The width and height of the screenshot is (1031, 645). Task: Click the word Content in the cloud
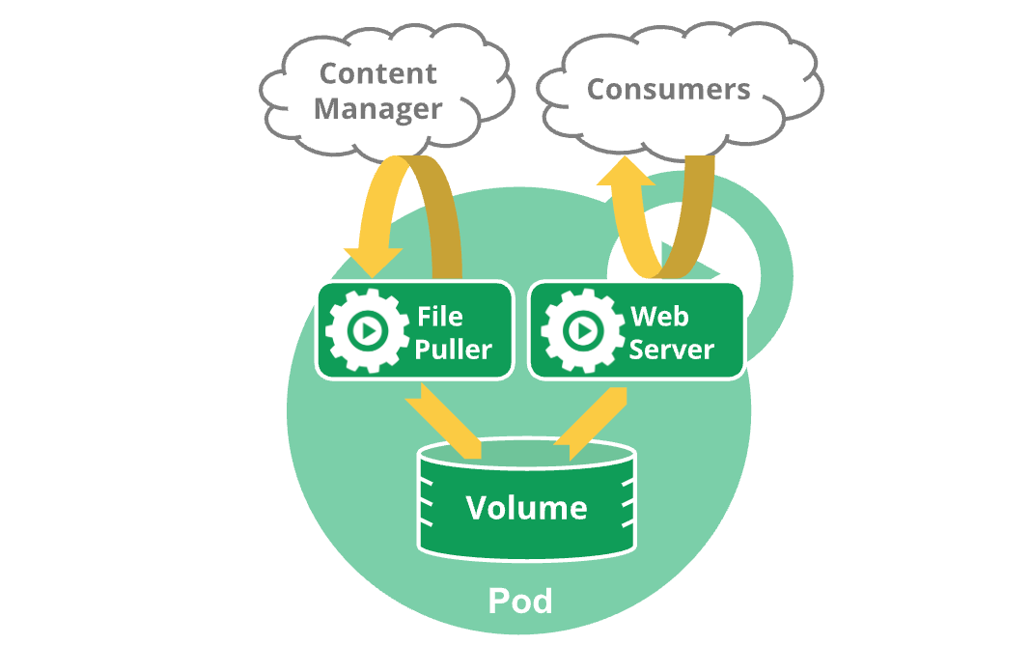[x=378, y=73]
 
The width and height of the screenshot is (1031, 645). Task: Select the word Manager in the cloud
[x=378, y=109]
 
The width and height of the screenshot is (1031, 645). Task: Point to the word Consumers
[x=669, y=90]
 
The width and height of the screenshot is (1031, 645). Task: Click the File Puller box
[x=415, y=330]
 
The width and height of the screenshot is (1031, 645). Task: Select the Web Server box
[x=636, y=330]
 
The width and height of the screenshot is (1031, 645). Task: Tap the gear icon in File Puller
[x=363, y=331]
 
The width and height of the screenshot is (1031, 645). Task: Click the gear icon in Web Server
[x=579, y=331]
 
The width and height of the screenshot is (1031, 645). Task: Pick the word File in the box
[x=440, y=317]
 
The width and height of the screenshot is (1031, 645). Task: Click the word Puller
[x=455, y=349]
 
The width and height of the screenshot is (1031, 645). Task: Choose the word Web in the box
[x=654, y=317]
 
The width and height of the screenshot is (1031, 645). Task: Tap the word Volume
[x=526, y=508]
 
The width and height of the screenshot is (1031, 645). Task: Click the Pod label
[x=520, y=601]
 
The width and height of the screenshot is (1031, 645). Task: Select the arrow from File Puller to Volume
[x=445, y=421]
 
